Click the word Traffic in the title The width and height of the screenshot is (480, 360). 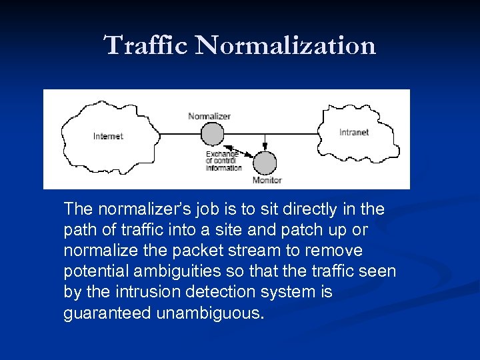coord(147,46)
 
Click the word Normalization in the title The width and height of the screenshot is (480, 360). coord(286,46)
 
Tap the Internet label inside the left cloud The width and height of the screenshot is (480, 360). coord(108,137)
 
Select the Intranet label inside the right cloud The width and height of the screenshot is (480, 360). coord(354,132)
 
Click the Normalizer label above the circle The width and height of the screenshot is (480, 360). coord(209,116)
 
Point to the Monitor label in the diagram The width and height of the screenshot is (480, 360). coord(267,180)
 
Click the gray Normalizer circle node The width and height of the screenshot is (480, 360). coord(213,134)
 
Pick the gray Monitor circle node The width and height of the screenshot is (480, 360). coord(265,163)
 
